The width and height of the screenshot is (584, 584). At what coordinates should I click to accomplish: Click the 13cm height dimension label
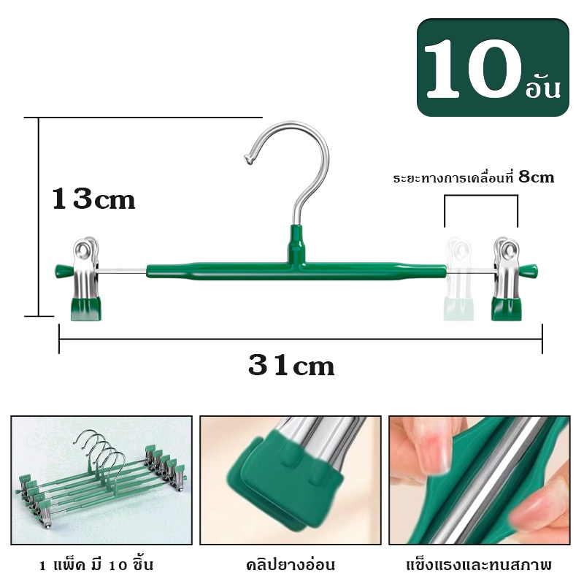(93, 199)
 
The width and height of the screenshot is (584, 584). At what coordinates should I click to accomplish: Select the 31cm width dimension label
(291, 366)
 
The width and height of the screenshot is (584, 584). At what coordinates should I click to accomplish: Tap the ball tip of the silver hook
(248, 159)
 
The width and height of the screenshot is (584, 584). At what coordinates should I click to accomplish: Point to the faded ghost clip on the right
(458, 280)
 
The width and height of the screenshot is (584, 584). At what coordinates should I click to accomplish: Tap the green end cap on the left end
(64, 270)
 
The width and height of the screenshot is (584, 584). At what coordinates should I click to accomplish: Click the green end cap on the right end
(529, 270)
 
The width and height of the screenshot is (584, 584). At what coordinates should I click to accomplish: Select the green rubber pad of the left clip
(86, 308)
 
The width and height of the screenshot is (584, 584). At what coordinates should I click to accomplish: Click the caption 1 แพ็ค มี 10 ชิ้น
(96, 565)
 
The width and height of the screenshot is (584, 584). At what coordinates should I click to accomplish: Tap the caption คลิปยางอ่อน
(291, 565)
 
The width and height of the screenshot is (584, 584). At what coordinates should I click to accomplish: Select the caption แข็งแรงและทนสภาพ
(480, 565)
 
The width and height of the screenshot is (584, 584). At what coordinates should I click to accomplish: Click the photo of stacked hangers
(101, 480)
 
